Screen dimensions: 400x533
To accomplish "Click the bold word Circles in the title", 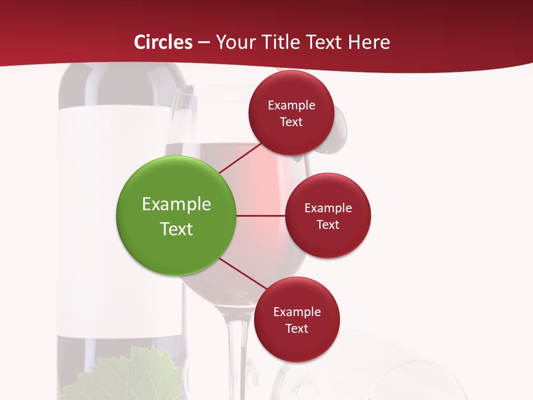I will click(163, 42).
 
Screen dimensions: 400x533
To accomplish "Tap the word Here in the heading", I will click(369, 42).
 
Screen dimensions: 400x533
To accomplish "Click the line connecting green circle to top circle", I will click(240, 158).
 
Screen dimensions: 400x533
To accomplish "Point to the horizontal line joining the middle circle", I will click(260, 216).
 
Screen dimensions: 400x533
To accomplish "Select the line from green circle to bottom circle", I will click(243, 274).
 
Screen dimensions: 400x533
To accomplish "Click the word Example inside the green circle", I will click(177, 204).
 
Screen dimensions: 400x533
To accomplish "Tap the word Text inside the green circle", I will click(177, 229).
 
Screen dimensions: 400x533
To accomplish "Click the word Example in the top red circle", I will click(291, 106).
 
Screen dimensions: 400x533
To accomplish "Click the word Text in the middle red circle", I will click(328, 225).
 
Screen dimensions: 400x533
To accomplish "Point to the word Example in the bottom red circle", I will click(297, 312).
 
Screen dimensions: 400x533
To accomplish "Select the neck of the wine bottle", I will click(122, 83).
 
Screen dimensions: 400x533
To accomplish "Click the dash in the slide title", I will click(204, 43).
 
